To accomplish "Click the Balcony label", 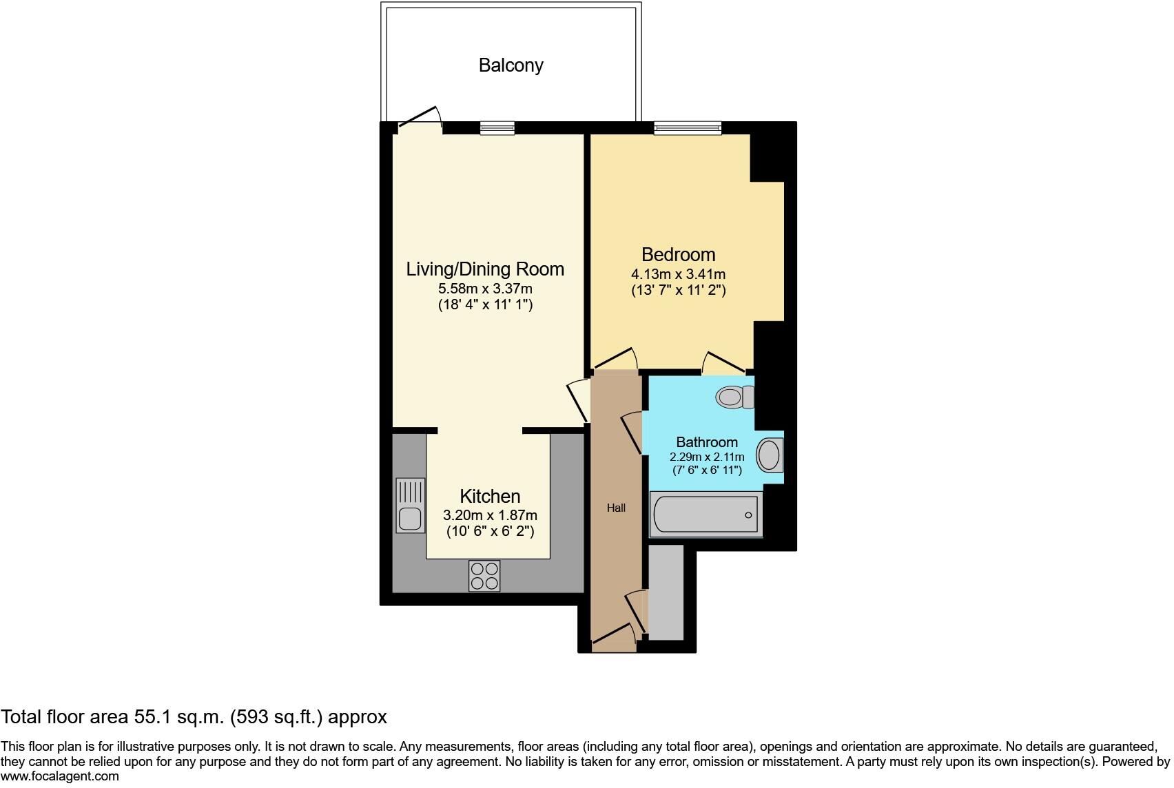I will [511, 65].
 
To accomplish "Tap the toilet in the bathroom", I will [734, 397].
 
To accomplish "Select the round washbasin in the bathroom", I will [769, 455].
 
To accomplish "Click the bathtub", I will [705, 514].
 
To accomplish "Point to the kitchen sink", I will [411, 506].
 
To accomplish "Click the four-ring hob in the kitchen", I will [484, 576].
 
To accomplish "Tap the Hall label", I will [616, 508].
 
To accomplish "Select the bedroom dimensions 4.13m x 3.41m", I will [678, 274].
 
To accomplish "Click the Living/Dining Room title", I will [485, 269].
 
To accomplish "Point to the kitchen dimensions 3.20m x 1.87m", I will [490, 515].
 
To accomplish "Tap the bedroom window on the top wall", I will [688, 127].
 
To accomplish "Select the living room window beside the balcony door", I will [497, 128].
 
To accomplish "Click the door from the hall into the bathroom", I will [632, 433].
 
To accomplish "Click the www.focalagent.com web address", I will [60, 776].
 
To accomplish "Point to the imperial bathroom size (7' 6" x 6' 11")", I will [707, 470].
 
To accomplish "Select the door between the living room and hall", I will [577, 402].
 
